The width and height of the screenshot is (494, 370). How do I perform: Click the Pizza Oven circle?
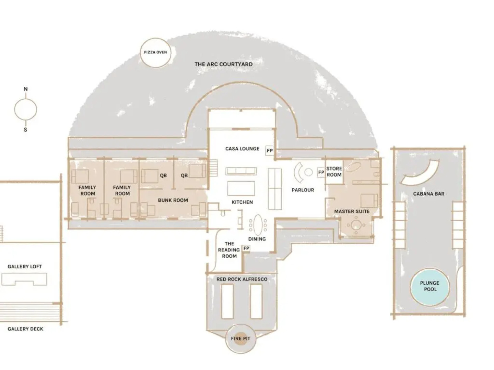pyautogui.click(x=155, y=52)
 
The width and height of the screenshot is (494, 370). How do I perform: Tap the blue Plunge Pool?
pyautogui.click(x=430, y=286)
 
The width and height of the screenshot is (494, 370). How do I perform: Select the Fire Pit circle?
pyautogui.click(x=240, y=338)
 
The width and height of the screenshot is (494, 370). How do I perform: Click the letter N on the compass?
pyautogui.click(x=25, y=89)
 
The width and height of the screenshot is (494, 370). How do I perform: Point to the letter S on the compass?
pyautogui.click(x=25, y=130)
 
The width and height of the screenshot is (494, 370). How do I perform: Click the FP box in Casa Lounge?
pyautogui.click(x=270, y=151)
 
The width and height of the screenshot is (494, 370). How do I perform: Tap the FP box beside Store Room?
pyautogui.click(x=321, y=172)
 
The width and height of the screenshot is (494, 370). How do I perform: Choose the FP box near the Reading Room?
pyautogui.click(x=246, y=248)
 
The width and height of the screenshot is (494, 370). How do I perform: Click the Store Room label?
pyautogui.click(x=334, y=172)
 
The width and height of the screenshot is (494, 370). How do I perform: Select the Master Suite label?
pyautogui.click(x=352, y=211)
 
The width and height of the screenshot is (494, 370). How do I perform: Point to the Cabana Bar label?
pyautogui.click(x=428, y=194)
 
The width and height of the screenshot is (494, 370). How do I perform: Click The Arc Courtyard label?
pyautogui.click(x=223, y=64)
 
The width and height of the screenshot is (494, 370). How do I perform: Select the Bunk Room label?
pyautogui.click(x=173, y=200)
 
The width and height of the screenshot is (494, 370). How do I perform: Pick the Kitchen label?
pyautogui.click(x=242, y=202)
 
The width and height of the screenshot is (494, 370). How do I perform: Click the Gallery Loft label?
pyautogui.click(x=25, y=267)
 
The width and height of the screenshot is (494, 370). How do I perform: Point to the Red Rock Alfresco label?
pyautogui.click(x=242, y=279)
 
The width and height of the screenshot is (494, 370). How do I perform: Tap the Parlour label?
pyautogui.click(x=303, y=190)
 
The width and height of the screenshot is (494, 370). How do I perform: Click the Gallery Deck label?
pyautogui.click(x=25, y=329)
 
